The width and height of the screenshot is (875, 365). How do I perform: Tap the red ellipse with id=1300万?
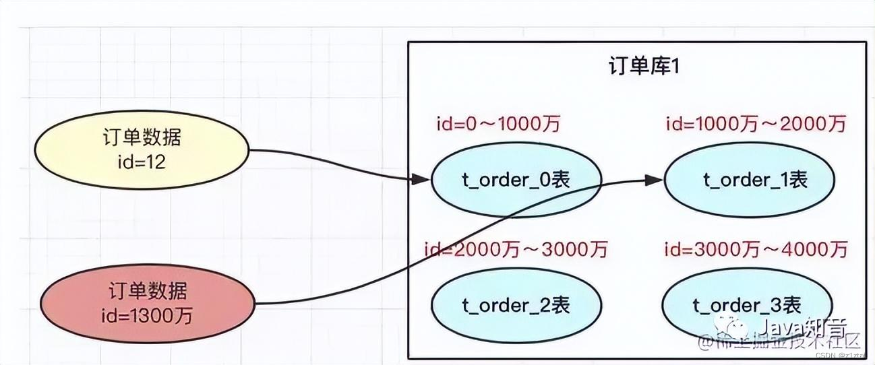[x=148, y=302]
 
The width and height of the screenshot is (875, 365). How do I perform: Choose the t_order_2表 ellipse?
[x=515, y=304]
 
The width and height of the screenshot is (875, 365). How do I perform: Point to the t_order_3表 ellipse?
[x=746, y=305]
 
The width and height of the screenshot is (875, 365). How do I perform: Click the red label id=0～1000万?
[x=498, y=124]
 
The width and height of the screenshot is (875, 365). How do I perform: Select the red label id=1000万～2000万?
[x=756, y=124]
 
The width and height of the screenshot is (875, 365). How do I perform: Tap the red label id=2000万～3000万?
[x=516, y=250]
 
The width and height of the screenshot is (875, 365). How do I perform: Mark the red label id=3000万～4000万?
[x=756, y=250]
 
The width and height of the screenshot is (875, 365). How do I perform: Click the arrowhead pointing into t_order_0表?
[x=421, y=180]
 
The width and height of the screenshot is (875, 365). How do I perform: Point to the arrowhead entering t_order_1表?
[x=654, y=180]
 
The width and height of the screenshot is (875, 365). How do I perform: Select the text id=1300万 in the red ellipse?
[x=148, y=314]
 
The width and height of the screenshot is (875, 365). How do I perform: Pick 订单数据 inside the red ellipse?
[x=148, y=292]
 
